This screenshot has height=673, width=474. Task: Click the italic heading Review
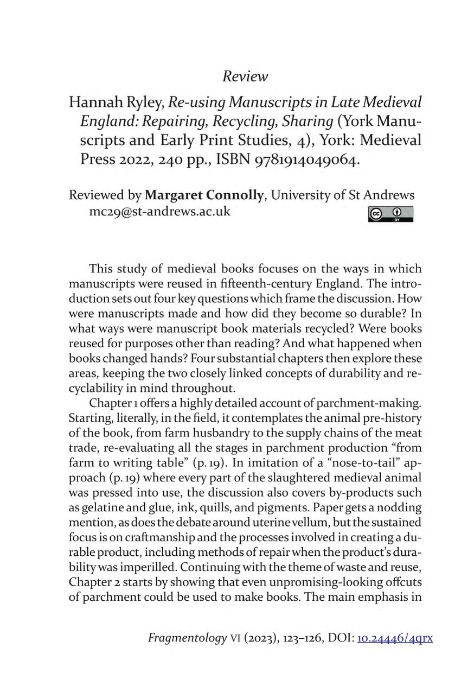click(x=245, y=77)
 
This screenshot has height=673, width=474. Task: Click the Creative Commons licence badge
click(x=390, y=214)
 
